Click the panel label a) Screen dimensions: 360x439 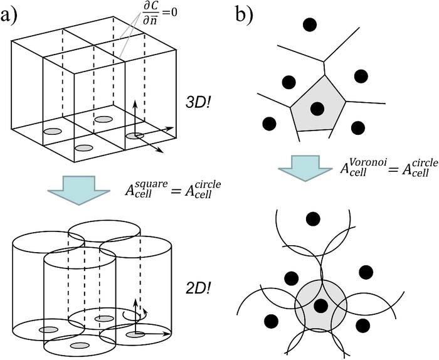[13, 14]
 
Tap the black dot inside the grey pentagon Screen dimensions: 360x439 [317, 107]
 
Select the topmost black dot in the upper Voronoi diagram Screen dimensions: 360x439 [309, 25]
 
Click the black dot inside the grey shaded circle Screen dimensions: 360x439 [321, 305]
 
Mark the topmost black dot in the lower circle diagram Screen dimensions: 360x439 [312, 219]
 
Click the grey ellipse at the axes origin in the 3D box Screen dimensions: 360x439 [134, 135]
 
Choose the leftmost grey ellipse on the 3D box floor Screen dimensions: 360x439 [52, 132]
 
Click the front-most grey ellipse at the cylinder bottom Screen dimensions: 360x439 [78, 346]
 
